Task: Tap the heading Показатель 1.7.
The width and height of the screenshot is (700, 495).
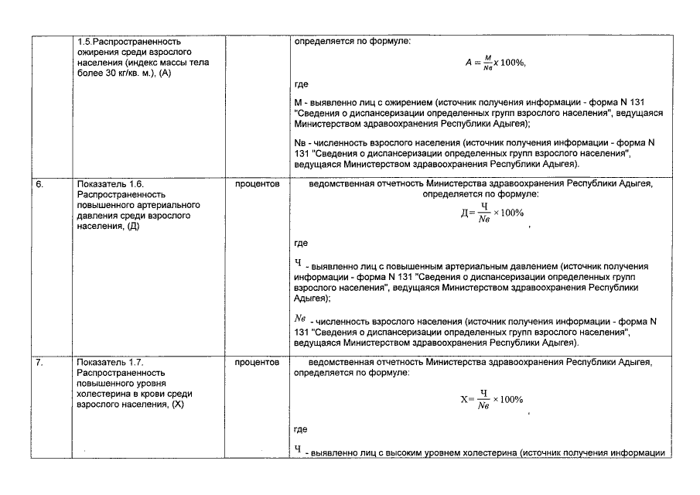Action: point(111,361)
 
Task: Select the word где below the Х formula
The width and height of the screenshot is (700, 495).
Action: point(302,429)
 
